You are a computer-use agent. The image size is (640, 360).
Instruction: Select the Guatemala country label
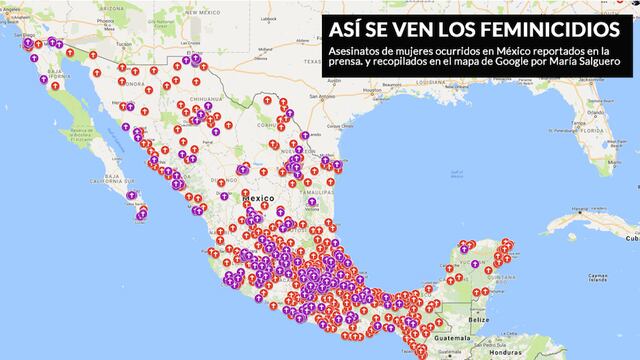pos(459,341)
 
